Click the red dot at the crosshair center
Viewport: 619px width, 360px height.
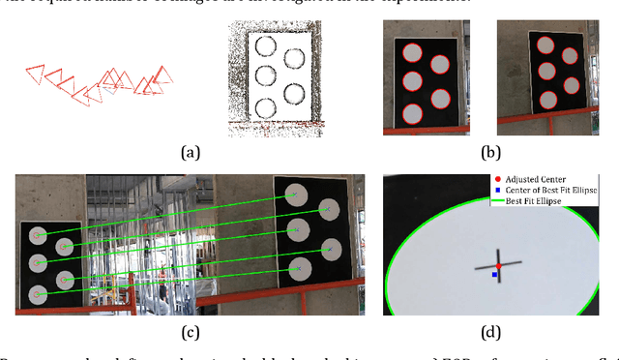coord(498,265)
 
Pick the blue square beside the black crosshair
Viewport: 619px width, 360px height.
coord(494,275)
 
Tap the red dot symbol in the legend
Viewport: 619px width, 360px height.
coord(497,179)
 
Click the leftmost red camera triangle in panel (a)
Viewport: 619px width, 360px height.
coord(34,72)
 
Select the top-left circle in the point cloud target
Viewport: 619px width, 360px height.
coord(264,45)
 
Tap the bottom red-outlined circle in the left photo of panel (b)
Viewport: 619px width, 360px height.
coord(413,107)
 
